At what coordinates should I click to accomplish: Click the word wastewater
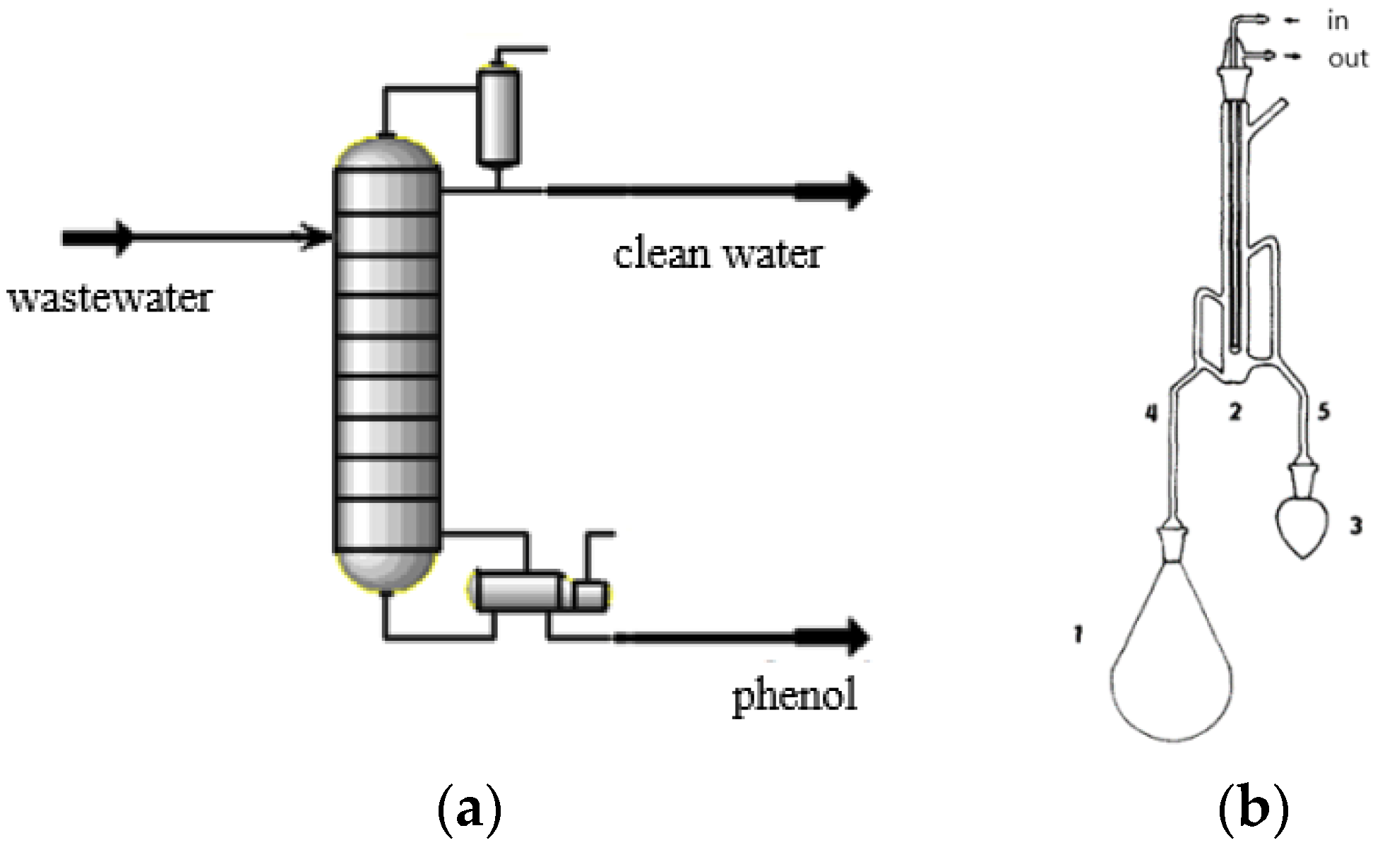tap(109, 299)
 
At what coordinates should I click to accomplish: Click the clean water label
tap(718, 254)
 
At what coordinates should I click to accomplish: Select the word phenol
tap(795, 696)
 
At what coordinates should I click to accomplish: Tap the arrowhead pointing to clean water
tap(856, 191)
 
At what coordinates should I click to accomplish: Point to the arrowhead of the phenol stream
tap(856, 637)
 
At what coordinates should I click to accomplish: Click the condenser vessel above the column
tap(499, 117)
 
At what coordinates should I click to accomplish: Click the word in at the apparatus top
tap(1338, 21)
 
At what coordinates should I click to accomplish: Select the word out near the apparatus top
tap(1348, 59)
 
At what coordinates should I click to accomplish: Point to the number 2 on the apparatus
tap(1235, 412)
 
